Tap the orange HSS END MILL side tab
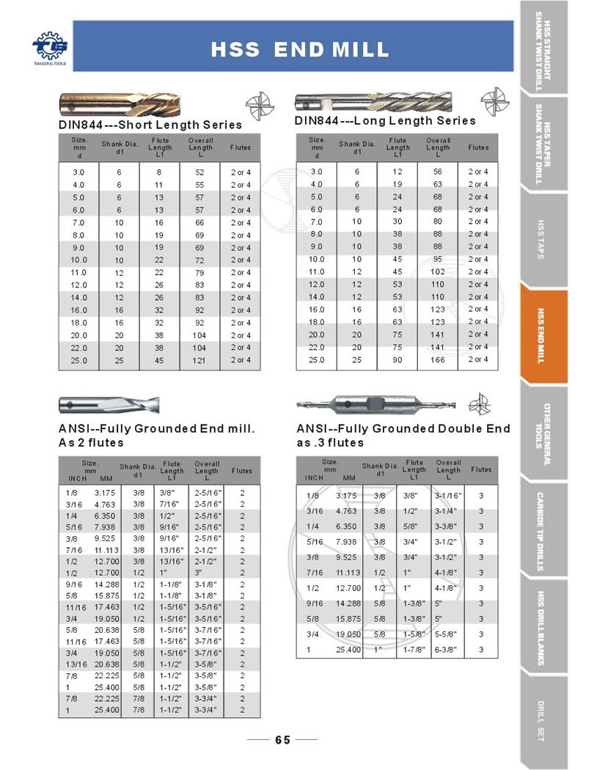(544, 335)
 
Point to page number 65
(283, 740)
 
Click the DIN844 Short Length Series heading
(150, 125)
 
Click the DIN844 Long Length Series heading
(385, 120)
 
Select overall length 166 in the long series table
(438, 359)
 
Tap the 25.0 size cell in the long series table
(317, 359)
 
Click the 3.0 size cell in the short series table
(79, 172)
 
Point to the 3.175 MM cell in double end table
(346, 496)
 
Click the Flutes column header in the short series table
(240, 147)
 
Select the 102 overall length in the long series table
(438, 271)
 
